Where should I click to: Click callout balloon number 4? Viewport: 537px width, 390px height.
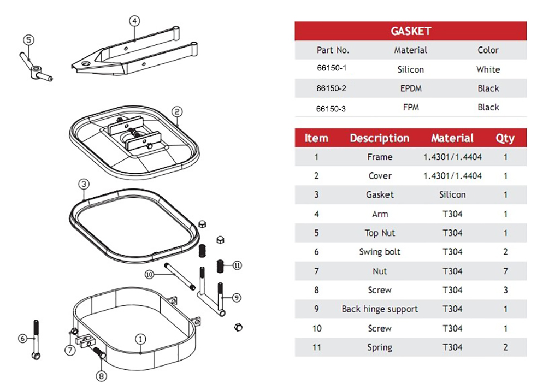(x=134, y=21)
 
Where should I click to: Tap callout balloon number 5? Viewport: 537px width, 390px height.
(x=29, y=39)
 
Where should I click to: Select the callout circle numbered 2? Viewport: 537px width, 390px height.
(x=177, y=111)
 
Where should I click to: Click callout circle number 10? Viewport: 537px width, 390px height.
(x=149, y=274)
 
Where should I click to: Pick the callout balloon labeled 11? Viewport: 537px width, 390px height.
(x=237, y=265)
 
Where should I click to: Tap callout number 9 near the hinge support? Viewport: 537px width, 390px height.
(x=236, y=298)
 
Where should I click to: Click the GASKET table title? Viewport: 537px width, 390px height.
(x=411, y=31)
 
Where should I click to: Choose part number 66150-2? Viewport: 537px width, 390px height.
(x=331, y=88)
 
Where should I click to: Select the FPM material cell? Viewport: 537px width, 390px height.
(x=411, y=108)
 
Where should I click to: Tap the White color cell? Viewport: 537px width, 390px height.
(x=488, y=69)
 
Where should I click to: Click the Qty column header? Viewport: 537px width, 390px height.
(x=505, y=138)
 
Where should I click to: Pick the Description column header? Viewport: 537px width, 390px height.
(x=379, y=138)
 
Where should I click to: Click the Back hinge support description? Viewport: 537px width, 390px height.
(x=380, y=309)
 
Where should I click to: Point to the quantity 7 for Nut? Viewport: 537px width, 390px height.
(x=505, y=271)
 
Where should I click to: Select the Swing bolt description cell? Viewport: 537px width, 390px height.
(x=380, y=252)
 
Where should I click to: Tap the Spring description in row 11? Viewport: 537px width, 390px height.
(x=380, y=347)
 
